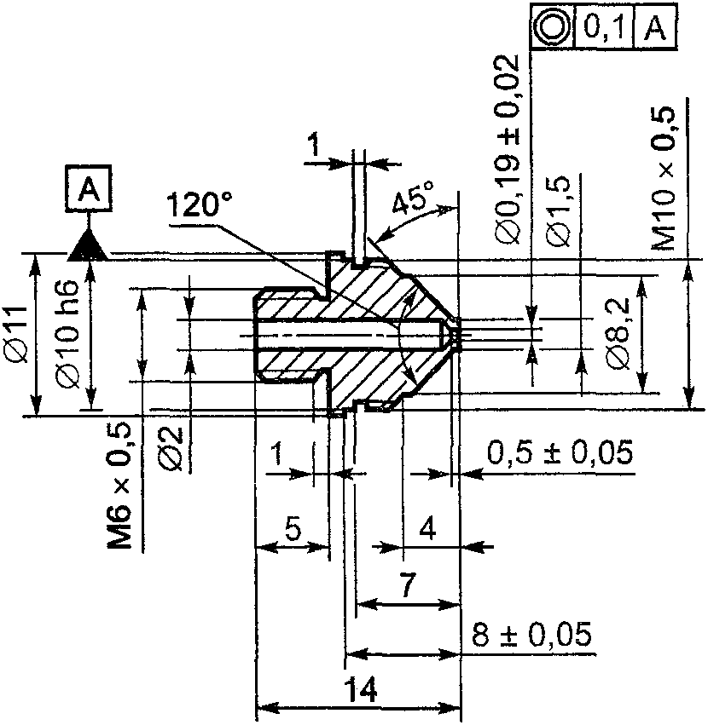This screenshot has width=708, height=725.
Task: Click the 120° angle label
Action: pos(199,204)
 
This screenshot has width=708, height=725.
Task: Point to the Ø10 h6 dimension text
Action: pos(67,333)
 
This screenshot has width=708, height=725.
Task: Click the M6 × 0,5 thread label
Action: pos(119,486)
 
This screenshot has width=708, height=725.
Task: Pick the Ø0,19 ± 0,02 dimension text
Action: pos(507,149)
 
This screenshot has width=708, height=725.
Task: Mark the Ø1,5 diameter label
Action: pos(558,210)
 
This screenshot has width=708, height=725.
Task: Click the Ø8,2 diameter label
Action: pos(619,333)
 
